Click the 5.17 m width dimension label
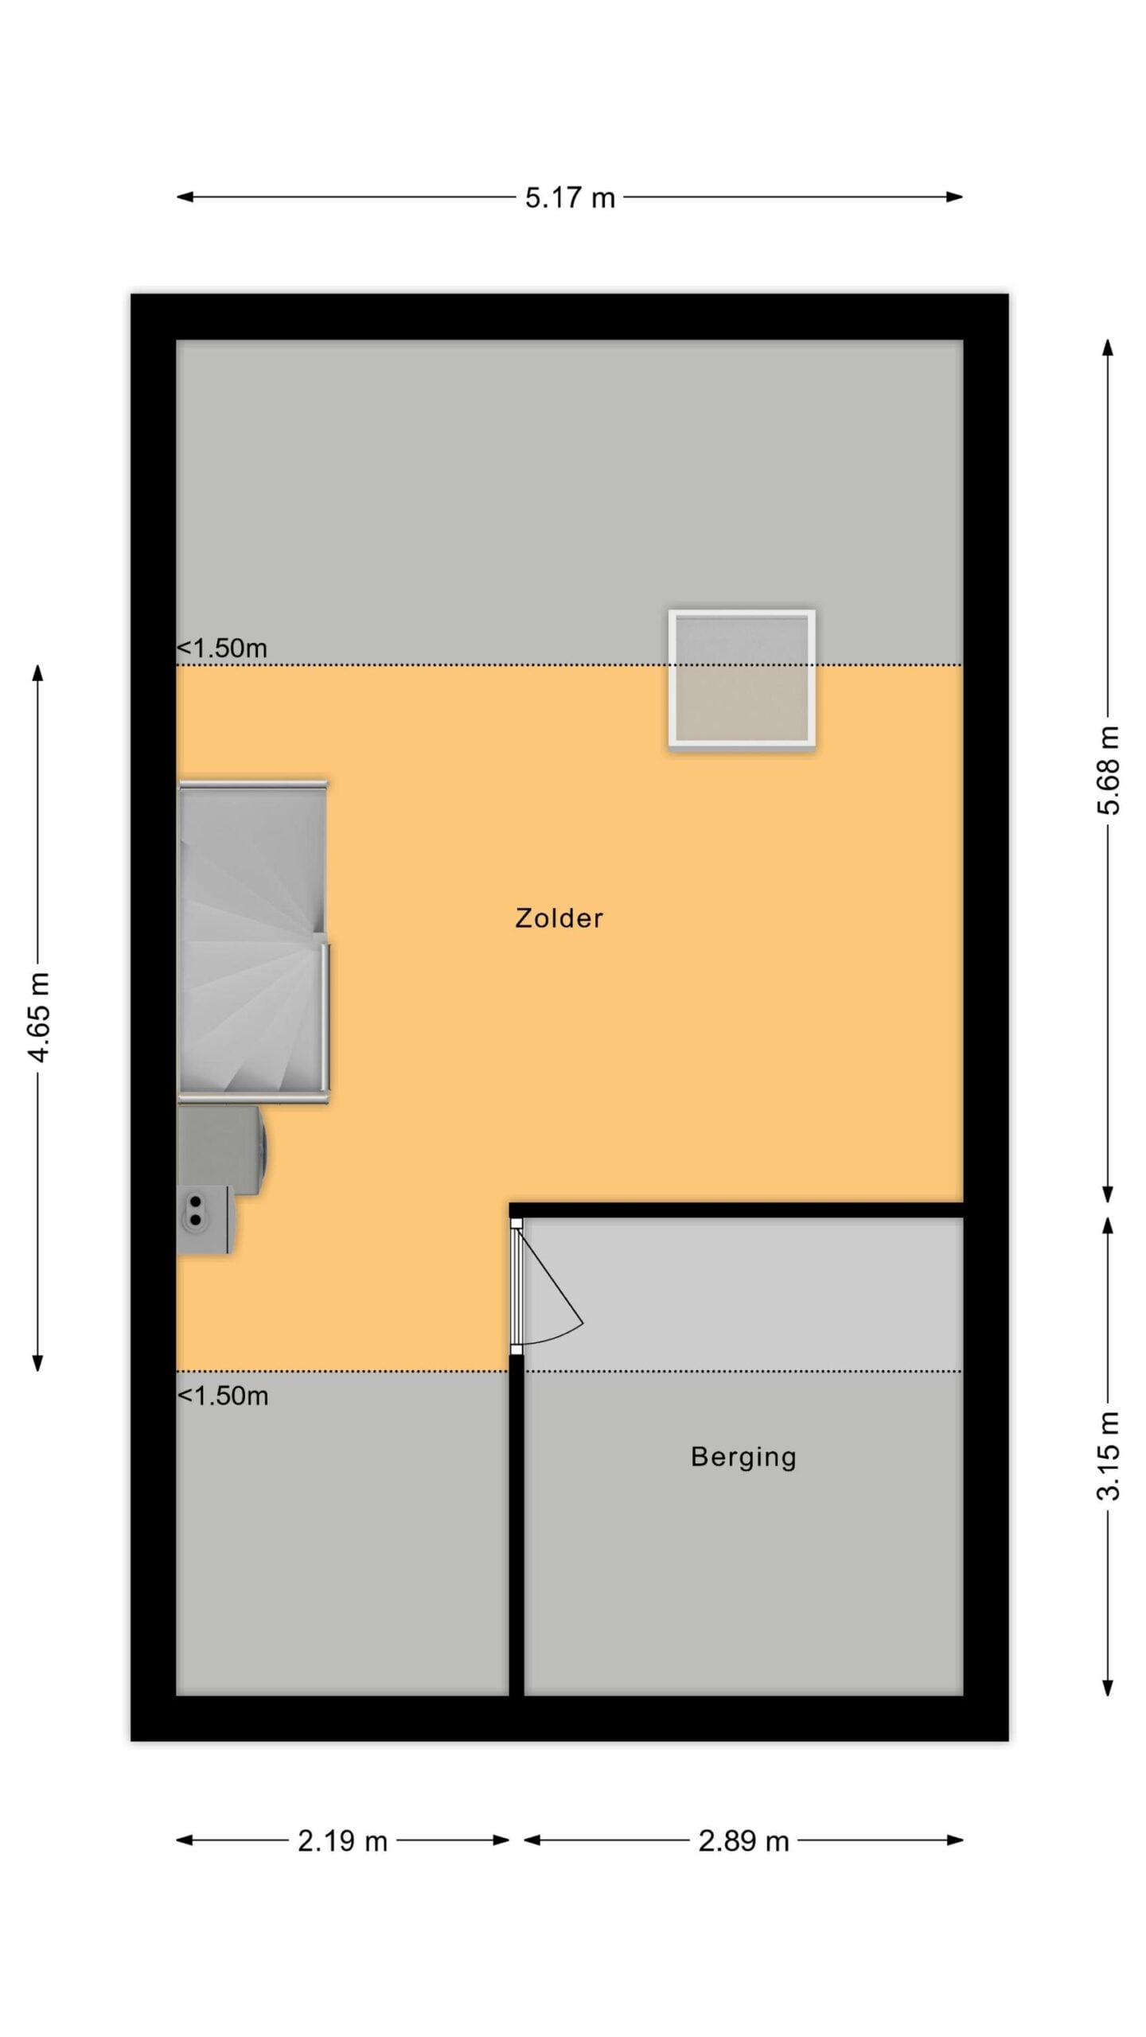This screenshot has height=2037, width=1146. click(x=570, y=197)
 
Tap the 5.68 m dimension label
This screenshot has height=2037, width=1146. click(x=1108, y=769)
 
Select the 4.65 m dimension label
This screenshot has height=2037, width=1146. click(x=38, y=1016)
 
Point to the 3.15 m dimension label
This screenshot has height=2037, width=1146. click(x=1108, y=1456)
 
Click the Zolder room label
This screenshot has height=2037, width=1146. click(x=559, y=918)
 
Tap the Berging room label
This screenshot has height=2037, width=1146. click(x=743, y=1457)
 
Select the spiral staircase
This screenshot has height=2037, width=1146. click(x=253, y=941)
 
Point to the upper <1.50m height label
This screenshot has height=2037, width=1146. click(x=221, y=648)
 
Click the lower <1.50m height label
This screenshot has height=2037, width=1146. click(x=222, y=1396)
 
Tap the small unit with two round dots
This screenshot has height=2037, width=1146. click(x=205, y=1220)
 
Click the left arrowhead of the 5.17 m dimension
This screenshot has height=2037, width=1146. click(x=185, y=197)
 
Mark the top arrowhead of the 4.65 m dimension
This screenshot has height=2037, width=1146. click(x=38, y=673)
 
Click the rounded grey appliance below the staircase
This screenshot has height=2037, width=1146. click(x=222, y=1150)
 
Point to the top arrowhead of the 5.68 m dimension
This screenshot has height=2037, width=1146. click(x=1108, y=349)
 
